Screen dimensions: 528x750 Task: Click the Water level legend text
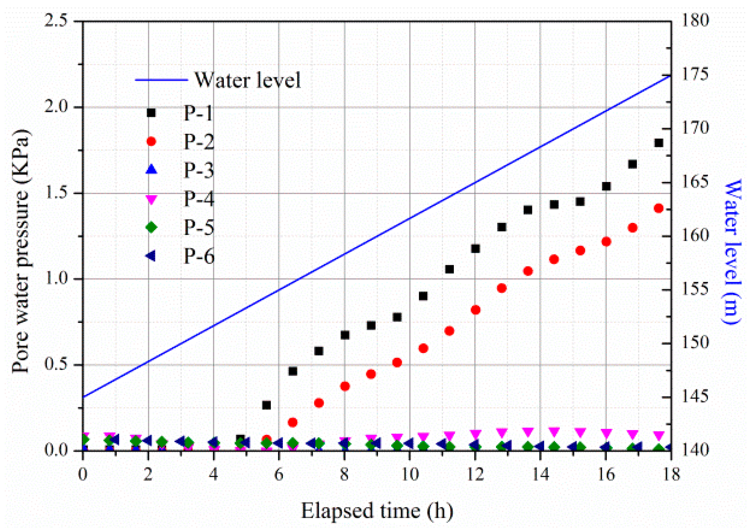tap(247, 80)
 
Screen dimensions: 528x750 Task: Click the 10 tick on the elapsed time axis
tap(410, 474)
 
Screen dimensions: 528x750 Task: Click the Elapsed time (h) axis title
tap(377, 511)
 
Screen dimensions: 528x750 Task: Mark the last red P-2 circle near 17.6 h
tap(659, 208)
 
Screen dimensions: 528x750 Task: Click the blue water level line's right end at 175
tap(670, 76)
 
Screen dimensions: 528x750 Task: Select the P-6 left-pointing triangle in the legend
tap(151, 256)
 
